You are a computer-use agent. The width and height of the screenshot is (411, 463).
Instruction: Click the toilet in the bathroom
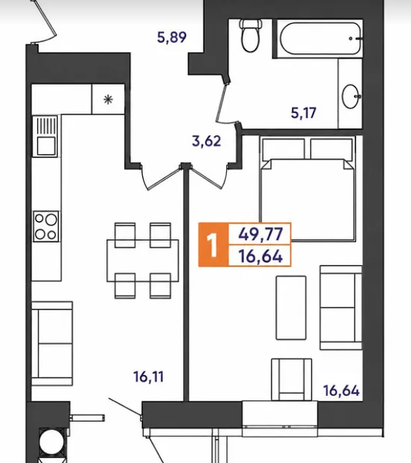(250, 36)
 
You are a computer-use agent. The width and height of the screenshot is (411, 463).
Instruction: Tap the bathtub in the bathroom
(320, 39)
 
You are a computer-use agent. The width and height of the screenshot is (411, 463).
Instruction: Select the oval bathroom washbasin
(351, 96)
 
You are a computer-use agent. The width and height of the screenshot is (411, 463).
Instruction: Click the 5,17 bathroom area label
(304, 113)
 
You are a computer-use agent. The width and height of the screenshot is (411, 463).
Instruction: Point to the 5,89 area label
(172, 37)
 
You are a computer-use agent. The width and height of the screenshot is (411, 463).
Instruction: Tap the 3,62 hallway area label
(206, 141)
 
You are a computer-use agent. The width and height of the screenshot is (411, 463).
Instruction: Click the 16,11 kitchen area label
(148, 377)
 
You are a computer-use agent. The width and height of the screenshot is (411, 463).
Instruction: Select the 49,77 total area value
(260, 234)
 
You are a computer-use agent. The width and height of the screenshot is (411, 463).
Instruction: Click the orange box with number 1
(213, 245)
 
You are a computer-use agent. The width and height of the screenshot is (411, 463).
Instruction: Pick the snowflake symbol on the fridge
(108, 99)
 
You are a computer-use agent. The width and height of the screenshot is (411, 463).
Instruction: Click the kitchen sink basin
(46, 146)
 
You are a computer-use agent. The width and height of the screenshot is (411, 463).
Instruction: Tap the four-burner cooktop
(46, 226)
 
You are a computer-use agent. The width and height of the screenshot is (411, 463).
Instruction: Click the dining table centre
(143, 261)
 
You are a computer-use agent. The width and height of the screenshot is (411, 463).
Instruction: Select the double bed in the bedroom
(308, 189)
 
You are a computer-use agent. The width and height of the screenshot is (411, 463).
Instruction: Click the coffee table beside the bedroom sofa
(291, 308)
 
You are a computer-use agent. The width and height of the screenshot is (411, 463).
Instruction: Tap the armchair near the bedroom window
(291, 379)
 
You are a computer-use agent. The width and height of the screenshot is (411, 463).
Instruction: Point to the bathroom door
(222, 103)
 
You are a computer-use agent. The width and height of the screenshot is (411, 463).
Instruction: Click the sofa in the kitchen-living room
(52, 344)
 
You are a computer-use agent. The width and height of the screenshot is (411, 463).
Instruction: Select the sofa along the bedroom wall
(341, 308)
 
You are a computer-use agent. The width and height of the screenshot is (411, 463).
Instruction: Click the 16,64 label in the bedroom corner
(341, 391)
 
